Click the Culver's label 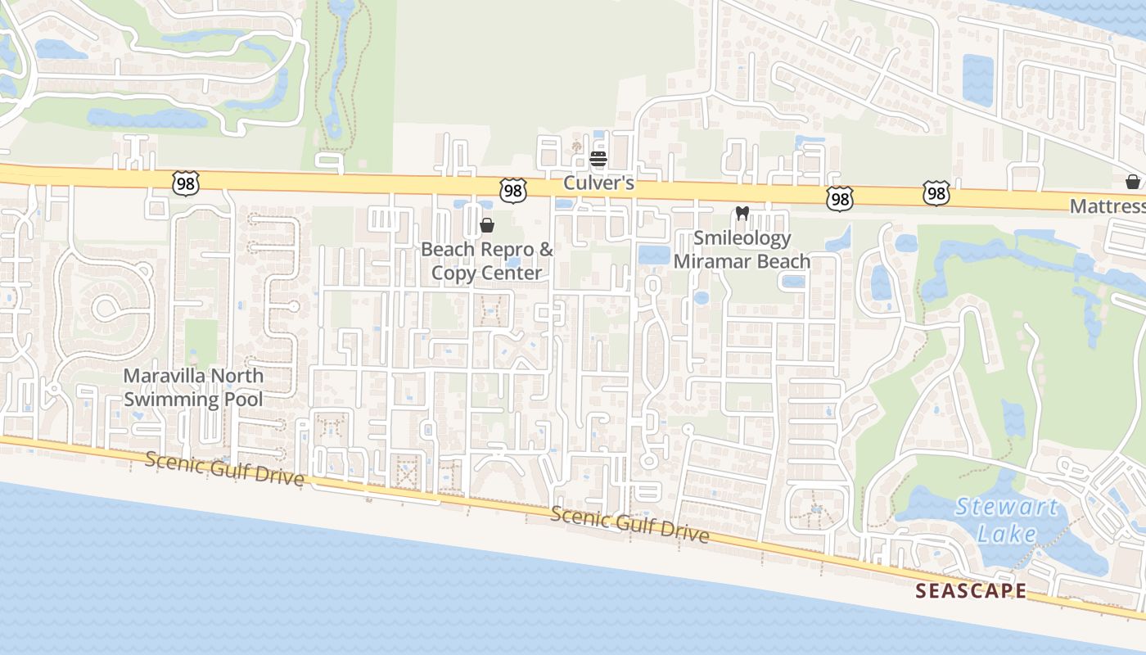click(598, 183)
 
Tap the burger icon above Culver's click(598, 158)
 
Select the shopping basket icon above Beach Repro click(487, 224)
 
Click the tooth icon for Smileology click(742, 214)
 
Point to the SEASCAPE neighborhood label click(970, 590)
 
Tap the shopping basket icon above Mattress click(1133, 181)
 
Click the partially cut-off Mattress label click(1108, 206)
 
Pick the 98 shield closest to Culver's click(512, 191)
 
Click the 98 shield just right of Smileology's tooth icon click(840, 198)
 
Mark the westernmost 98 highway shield click(186, 183)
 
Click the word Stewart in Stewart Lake click(1007, 508)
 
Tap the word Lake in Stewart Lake click(1007, 535)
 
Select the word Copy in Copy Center click(453, 273)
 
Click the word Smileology click(742, 238)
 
